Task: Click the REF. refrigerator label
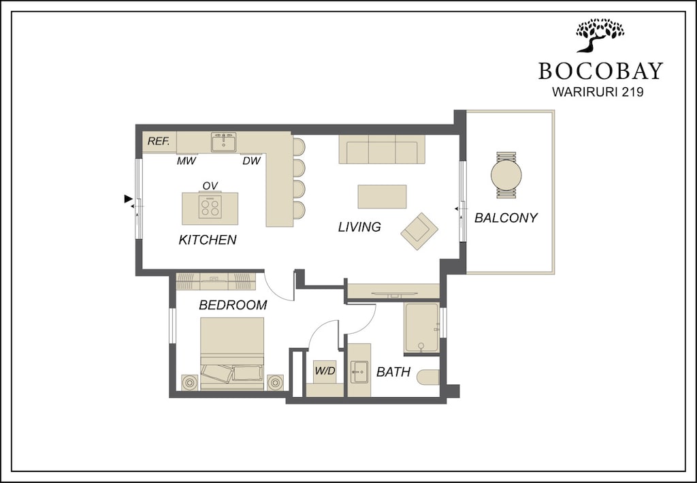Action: [x=159, y=142]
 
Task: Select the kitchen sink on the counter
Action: [x=223, y=142]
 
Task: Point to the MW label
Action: [x=187, y=161]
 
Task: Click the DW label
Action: [x=250, y=161]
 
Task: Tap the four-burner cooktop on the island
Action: [x=210, y=207]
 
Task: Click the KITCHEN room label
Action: [x=208, y=240]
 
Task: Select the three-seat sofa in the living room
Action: [x=381, y=149]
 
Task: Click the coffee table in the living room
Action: [x=382, y=197]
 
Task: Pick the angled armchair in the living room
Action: [x=419, y=231]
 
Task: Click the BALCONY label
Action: [x=506, y=218]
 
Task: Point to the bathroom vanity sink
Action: [x=359, y=372]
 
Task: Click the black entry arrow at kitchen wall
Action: [x=128, y=199]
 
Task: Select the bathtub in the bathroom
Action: [x=421, y=328]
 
